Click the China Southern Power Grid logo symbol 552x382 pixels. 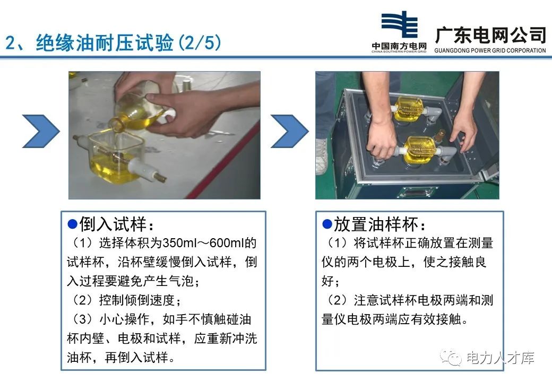399,26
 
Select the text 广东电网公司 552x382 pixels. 490,35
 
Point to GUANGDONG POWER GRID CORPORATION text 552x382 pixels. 490,50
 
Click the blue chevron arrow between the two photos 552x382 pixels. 289,131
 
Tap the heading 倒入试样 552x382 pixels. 112,224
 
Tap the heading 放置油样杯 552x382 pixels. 379,224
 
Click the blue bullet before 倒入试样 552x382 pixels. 73,223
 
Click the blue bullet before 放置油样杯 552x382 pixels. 327,223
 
